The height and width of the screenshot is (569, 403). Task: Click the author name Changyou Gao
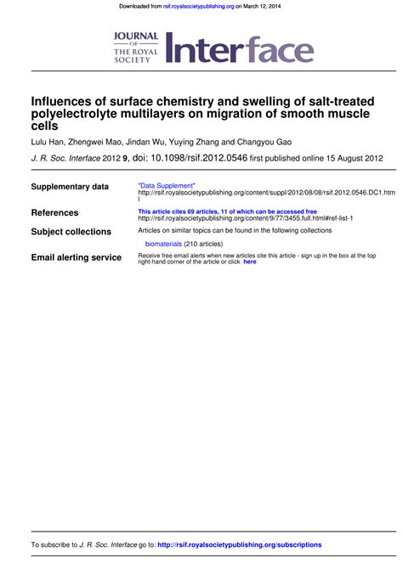(x=266, y=142)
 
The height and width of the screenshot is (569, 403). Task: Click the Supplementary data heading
(x=70, y=187)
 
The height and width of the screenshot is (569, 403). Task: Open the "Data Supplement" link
(x=167, y=185)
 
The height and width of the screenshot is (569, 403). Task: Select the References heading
(x=54, y=212)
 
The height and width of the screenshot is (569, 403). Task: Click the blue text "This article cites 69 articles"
(x=184, y=211)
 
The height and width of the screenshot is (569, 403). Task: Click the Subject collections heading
(x=71, y=232)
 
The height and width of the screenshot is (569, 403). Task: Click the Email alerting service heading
(x=76, y=257)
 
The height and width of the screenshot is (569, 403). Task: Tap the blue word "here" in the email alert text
(x=249, y=262)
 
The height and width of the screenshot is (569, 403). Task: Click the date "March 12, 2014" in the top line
(x=265, y=6)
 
